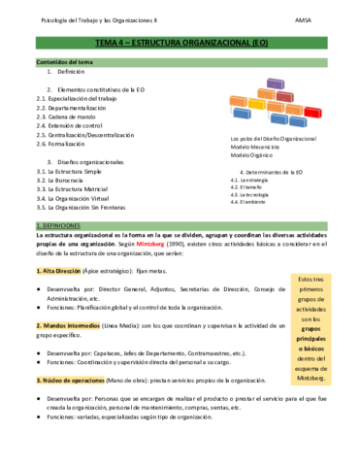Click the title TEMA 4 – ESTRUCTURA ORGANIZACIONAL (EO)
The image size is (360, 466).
(180, 44)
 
